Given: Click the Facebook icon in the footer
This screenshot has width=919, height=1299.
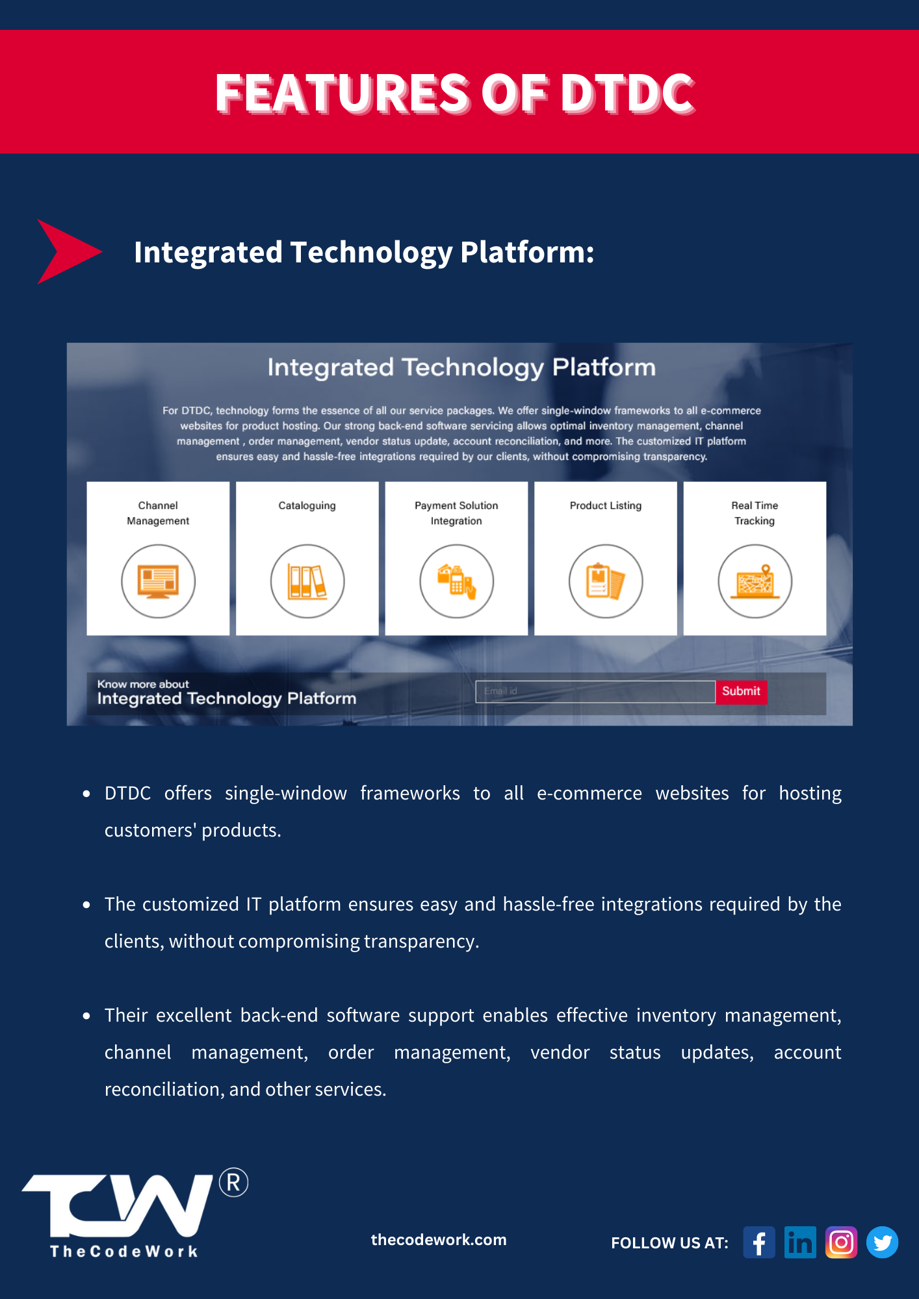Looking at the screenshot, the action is pos(759,1242).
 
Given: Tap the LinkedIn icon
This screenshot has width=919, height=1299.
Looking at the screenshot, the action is pos(800,1242).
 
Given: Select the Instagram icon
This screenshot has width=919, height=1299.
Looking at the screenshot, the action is pos(841,1242).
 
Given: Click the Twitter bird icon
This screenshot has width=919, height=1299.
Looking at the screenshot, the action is pos(883,1242).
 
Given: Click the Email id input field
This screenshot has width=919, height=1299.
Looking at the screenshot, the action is pos(595,691).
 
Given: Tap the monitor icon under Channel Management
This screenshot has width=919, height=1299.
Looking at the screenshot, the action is pos(159,581).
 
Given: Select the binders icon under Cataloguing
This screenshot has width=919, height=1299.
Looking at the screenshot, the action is pos(307,581).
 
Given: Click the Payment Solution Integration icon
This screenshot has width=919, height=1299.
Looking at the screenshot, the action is pos(456,581).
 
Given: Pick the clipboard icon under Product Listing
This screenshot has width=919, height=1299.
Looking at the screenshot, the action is pos(606,581).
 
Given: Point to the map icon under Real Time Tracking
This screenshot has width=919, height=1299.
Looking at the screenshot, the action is pos(755,581).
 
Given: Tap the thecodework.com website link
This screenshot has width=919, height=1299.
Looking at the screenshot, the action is pos(439,1239).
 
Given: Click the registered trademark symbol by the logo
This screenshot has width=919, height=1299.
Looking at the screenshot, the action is pos(233,1183).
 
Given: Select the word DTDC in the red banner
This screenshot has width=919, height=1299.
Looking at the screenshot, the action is pos(627,92).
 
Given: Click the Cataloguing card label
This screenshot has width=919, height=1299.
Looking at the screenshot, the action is pos(307,505).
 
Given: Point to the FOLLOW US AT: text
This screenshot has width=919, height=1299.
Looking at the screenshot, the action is pos(669,1242).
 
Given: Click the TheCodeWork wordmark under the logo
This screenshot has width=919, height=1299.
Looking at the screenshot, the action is pos(124,1251).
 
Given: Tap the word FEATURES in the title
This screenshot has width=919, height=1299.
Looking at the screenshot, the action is pos(343,92).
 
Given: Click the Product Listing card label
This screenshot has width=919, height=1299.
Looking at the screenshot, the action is pos(606,505).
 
